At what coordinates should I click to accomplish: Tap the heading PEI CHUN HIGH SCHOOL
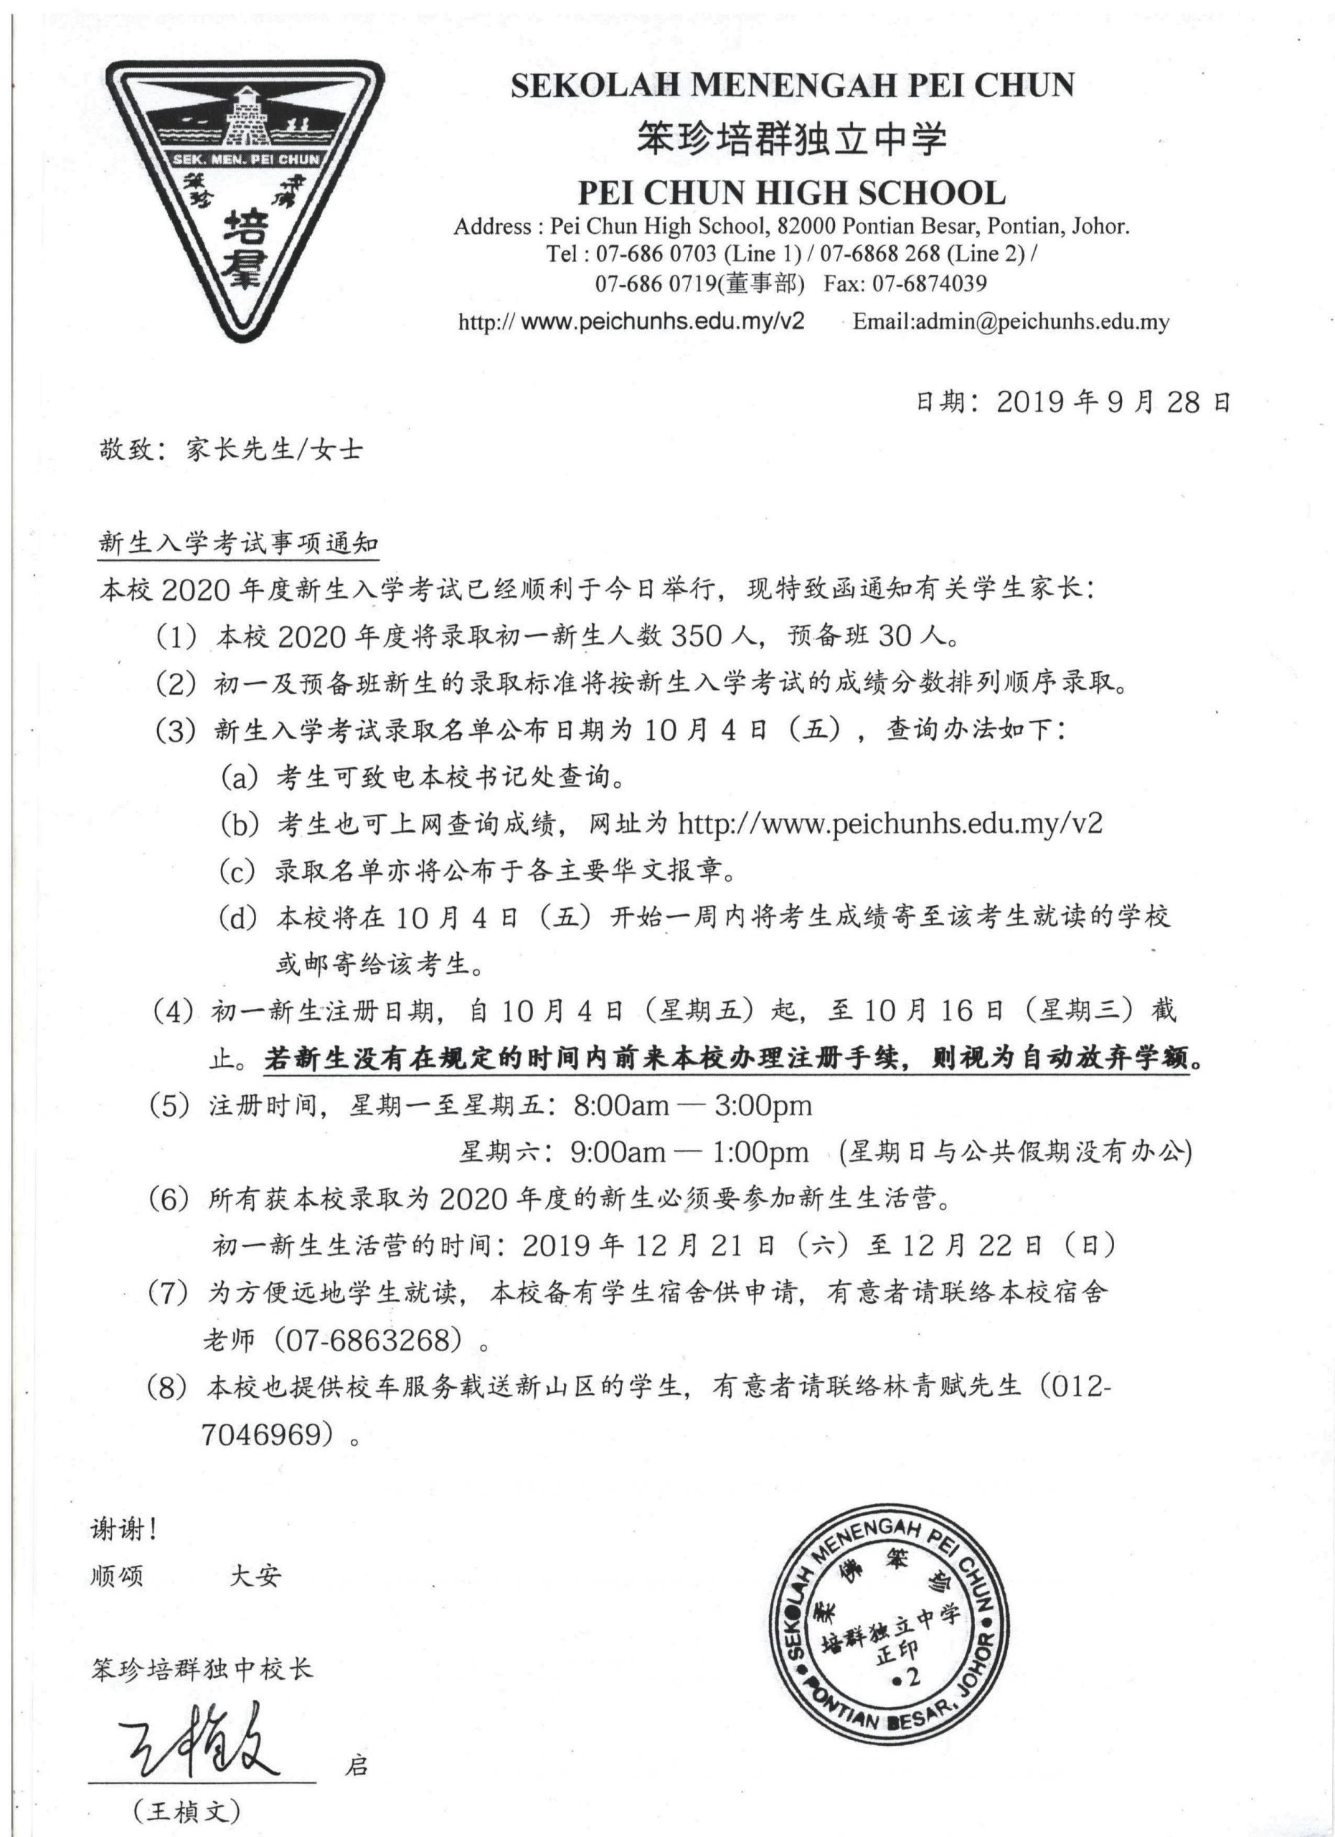click(x=791, y=193)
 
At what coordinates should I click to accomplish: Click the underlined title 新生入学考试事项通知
click(x=238, y=543)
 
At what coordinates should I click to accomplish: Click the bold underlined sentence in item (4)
click(x=732, y=1058)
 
